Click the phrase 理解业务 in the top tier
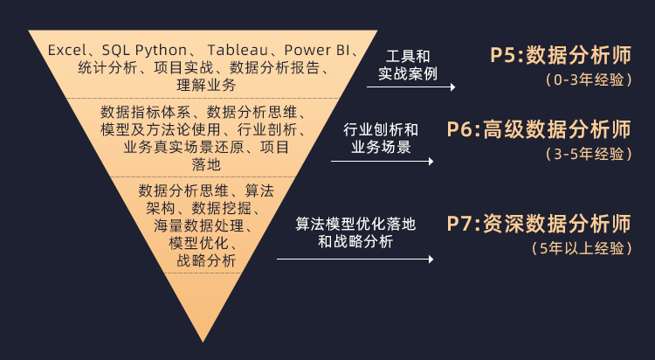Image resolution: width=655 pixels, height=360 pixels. (206, 85)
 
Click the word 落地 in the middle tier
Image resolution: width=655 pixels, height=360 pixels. (206, 164)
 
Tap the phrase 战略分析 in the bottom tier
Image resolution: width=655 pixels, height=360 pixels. (206, 261)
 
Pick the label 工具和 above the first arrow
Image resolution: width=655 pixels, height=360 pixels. (407, 56)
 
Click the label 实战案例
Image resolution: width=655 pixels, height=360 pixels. (407, 73)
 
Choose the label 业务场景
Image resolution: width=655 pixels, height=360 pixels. (381, 148)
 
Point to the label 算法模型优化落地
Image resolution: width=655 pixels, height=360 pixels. (355, 224)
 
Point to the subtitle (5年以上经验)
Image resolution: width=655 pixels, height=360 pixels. (582, 248)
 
